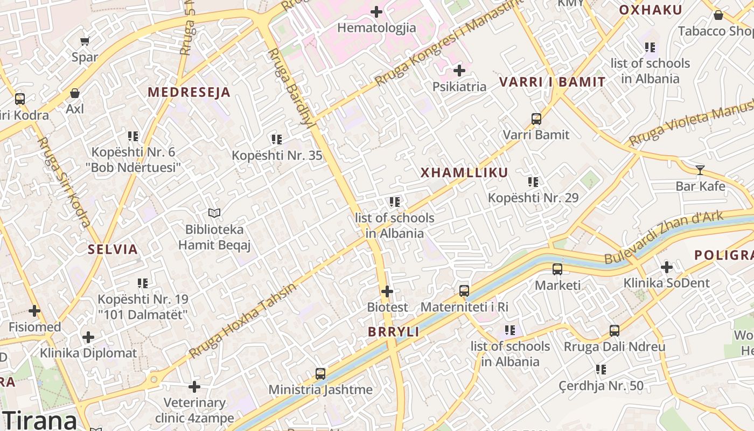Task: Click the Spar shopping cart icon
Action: (x=85, y=41)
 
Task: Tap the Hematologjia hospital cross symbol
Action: (x=376, y=11)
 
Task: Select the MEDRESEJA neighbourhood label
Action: (x=189, y=92)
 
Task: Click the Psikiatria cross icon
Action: (x=459, y=70)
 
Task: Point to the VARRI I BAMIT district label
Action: (x=552, y=82)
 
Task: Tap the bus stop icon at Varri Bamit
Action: (x=536, y=119)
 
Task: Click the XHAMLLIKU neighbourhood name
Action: (x=464, y=173)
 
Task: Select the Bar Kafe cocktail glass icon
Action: (x=700, y=170)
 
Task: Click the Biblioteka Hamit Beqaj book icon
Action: (x=214, y=213)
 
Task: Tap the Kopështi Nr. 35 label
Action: (x=277, y=156)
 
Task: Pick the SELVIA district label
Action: (x=113, y=249)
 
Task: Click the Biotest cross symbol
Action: (x=387, y=291)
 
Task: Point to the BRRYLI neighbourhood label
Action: (x=393, y=332)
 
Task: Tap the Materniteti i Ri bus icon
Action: (x=464, y=291)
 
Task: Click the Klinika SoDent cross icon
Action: (x=667, y=267)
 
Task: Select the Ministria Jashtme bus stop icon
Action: (x=320, y=373)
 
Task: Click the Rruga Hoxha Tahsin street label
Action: (x=243, y=321)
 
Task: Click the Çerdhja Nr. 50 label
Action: (x=601, y=386)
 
